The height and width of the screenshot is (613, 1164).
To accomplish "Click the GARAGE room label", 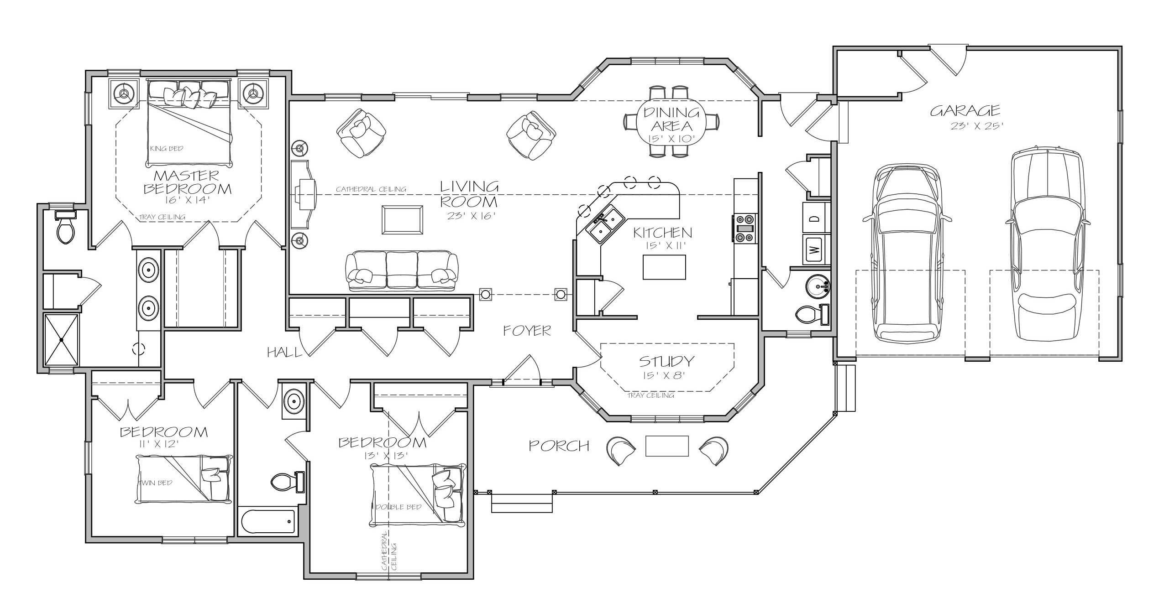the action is (965, 110).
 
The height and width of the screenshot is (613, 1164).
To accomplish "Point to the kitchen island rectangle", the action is (664, 267).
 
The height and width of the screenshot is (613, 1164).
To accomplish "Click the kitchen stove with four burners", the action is (745, 229).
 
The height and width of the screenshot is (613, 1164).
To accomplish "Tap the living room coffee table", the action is (402, 220).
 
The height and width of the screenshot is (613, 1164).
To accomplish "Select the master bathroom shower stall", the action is (61, 339).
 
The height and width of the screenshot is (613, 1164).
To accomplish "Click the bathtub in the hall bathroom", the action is (267, 521).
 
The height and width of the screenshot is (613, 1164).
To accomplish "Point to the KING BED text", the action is (166, 149).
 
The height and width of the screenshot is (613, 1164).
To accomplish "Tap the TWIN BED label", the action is (156, 483).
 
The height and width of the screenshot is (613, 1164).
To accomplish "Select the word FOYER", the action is (527, 331).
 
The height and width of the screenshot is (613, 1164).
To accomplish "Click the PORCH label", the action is (559, 446).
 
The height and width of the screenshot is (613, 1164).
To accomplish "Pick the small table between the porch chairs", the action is (667, 446).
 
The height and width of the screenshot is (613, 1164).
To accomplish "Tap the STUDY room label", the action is (666, 361).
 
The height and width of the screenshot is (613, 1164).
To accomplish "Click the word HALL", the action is (284, 352).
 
